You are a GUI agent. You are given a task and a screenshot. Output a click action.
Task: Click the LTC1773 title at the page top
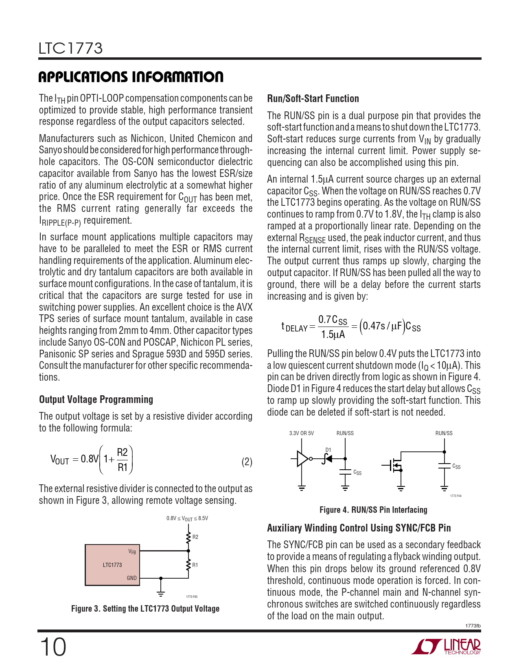click(70, 48)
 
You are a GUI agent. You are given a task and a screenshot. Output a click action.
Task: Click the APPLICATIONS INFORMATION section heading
click(131, 77)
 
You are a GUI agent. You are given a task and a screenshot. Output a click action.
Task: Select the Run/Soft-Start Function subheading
click(313, 99)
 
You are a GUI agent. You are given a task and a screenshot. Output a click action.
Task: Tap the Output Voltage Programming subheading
click(96, 400)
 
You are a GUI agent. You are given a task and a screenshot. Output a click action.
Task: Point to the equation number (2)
click(247, 462)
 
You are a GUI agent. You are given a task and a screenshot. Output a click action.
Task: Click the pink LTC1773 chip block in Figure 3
click(112, 565)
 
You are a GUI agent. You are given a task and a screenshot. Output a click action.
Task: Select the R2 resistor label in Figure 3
click(195, 537)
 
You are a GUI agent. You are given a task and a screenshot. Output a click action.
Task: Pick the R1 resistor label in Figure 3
click(195, 565)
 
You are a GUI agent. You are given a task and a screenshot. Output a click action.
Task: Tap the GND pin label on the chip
click(131, 578)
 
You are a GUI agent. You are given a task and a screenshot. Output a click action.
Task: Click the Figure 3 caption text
click(145, 609)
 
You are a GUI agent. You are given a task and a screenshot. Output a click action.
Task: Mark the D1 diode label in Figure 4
click(328, 450)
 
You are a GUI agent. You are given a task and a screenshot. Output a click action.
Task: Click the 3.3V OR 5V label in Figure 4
click(301, 434)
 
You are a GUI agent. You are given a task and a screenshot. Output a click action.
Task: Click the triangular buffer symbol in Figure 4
click(302, 459)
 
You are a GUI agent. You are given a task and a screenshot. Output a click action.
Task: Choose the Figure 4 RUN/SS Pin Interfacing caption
click(373, 510)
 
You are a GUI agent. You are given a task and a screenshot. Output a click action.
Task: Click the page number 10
click(53, 647)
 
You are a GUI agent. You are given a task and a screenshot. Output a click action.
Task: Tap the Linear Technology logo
click(446, 647)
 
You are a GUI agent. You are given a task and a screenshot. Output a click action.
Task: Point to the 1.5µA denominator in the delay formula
click(333, 335)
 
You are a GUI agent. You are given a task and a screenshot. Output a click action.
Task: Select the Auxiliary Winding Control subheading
click(359, 528)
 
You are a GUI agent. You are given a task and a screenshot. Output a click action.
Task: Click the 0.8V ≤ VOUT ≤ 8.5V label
click(187, 518)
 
